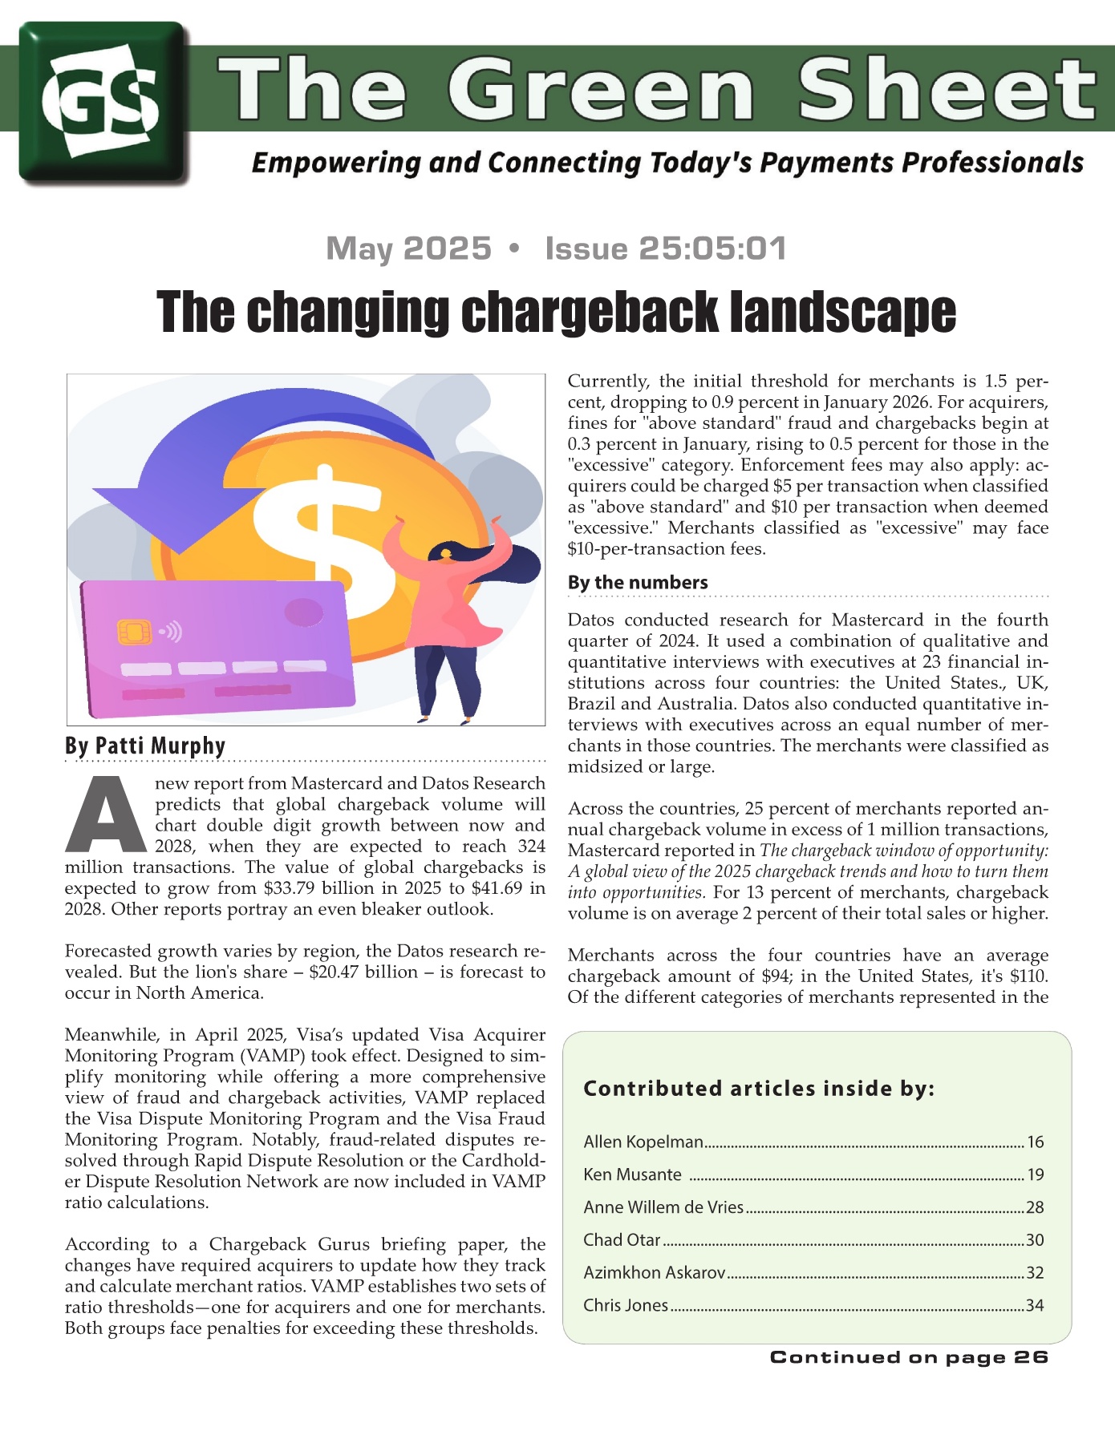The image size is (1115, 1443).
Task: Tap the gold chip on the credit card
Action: (134, 632)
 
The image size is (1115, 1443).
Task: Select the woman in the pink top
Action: (449, 609)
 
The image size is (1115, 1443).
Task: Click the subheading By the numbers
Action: (638, 582)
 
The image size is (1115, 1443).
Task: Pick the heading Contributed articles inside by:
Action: (759, 1089)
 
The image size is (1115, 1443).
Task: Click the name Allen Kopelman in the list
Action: (643, 1142)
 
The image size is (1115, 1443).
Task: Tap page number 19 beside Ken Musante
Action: (1035, 1174)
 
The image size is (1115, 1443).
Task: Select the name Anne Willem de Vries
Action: (663, 1207)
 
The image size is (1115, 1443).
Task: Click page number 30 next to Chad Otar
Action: (1035, 1240)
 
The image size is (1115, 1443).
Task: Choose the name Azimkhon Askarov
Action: (655, 1272)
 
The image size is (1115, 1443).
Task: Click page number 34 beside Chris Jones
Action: (1035, 1305)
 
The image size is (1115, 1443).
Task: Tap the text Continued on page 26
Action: (909, 1357)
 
